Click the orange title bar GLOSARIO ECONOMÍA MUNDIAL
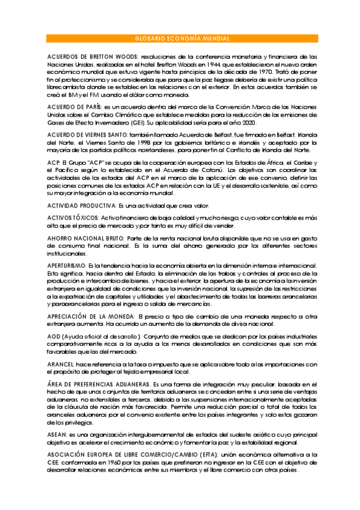[180, 38]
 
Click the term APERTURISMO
[67, 265]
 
